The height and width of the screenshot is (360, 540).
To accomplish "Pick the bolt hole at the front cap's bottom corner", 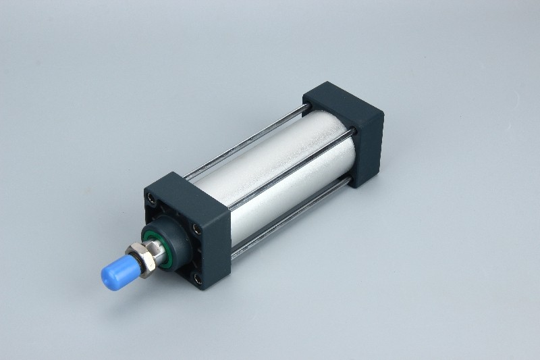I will (197, 278).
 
